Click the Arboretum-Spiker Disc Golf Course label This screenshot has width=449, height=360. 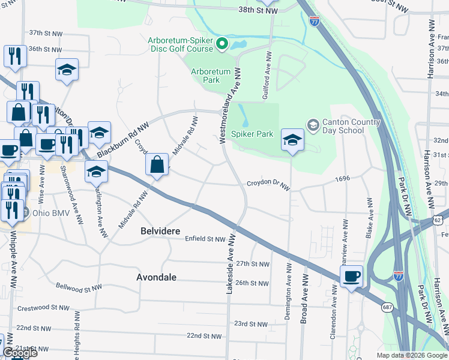pyautogui.click(x=180, y=44)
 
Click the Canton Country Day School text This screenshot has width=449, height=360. pyautogui.click(x=351, y=126)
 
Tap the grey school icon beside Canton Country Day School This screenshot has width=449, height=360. pyautogui.click(x=313, y=124)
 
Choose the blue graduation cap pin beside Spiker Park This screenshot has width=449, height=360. pyautogui.click(x=292, y=140)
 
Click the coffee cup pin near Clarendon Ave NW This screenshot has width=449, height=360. pyautogui.click(x=352, y=276)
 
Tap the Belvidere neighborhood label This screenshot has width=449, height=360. pyautogui.click(x=159, y=230)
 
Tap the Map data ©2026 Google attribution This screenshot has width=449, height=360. pyautogui.click(x=411, y=355)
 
